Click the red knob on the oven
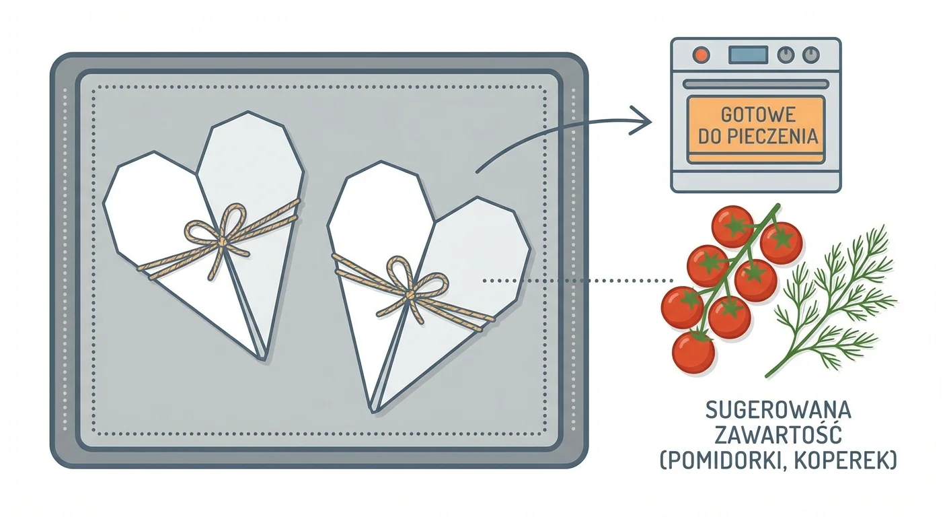pyautogui.click(x=701, y=54)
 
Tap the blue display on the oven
pyautogui.click(x=748, y=54)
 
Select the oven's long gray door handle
pyautogui.click(x=756, y=84)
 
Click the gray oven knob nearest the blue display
pyautogui.click(x=785, y=54)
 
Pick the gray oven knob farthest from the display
pyautogui.click(x=812, y=54)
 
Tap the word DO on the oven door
pyautogui.click(x=711, y=137)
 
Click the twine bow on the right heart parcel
pyautogui.click(x=411, y=288)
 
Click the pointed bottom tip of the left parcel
pyautogui.click(x=264, y=357)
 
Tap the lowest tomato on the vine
pyautogui.click(x=693, y=351)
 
